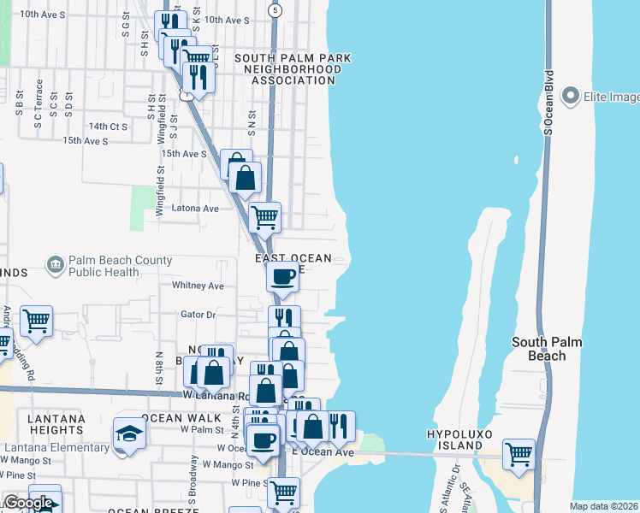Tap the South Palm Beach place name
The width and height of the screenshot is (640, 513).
click(x=547, y=349)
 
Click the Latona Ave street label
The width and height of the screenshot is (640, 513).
click(x=196, y=208)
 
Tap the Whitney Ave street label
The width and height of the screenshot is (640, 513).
click(x=198, y=286)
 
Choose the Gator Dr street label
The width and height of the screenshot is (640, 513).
click(x=198, y=315)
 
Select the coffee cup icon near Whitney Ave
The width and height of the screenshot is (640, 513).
click(x=282, y=275)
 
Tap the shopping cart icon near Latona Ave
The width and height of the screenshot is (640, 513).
click(x=264, y=216)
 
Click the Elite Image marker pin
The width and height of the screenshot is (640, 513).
click(x=572, y=97)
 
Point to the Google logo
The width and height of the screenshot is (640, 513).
click(x=28, y=503)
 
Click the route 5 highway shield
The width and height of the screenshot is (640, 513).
click(x=274, y=10)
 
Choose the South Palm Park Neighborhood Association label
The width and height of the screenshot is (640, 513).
click(x=293, y=69)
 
